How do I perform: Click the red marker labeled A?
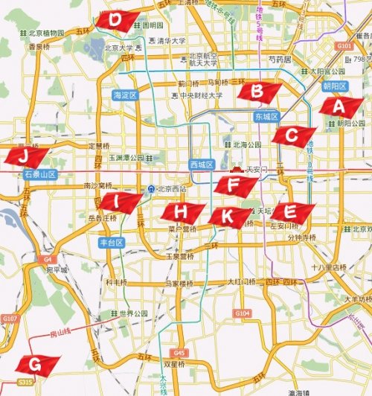tap(339, 105)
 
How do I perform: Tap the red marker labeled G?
tap(35, 364)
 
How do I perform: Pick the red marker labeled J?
tap(25, 156)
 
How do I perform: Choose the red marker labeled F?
tap(233, 184)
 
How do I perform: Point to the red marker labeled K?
tap(228, 216)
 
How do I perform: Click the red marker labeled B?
tap(258, 92)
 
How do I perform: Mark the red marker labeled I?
tap(117, 201)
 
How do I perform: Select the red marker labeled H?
tap(180, 211)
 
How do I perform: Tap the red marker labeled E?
tap(291, 211)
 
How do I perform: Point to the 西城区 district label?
tap(201, 164)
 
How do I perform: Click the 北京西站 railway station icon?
tap(151, 189)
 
